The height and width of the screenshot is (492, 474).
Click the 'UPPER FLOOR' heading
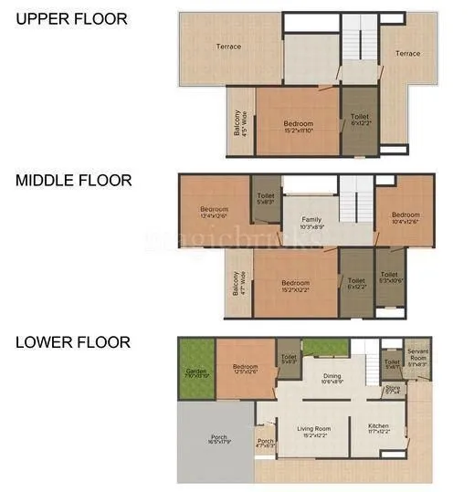71,18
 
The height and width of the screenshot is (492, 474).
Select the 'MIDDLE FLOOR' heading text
73,181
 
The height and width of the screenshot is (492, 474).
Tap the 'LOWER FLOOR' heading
72,342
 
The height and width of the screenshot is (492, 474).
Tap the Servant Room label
418,355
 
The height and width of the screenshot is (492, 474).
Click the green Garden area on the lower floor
195,371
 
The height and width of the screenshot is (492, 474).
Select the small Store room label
393,390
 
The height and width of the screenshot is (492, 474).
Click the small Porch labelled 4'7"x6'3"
265,445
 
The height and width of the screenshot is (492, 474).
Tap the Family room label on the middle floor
312,223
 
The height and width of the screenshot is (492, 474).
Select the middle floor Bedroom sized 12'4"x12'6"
215,212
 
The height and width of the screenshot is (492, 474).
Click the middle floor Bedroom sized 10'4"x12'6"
406,217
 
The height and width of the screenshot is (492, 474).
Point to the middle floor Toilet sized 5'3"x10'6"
390,277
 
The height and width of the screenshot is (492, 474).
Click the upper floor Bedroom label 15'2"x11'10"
298,127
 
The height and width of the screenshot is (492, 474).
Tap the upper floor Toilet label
359,120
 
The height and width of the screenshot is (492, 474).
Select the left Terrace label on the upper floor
228,47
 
